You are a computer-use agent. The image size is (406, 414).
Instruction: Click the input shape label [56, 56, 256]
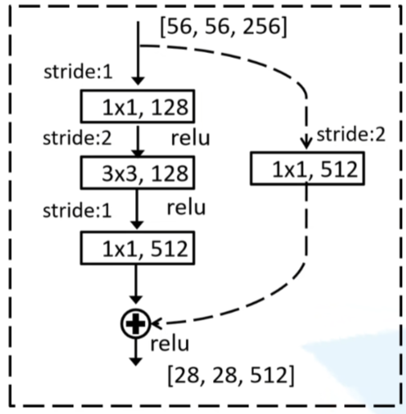(224, 27)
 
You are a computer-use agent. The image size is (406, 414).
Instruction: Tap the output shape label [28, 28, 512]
(231, 375)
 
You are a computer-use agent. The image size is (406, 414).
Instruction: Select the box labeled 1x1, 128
(137, 106)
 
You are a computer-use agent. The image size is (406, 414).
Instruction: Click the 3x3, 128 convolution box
(137, 173)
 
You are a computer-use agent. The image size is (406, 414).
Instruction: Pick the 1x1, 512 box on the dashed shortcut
(307, 168)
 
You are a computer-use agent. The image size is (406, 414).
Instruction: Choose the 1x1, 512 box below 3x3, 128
(137, 248)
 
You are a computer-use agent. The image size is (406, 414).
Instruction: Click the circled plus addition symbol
(136, 324)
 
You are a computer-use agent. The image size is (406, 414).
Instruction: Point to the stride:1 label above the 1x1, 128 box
(78, 72)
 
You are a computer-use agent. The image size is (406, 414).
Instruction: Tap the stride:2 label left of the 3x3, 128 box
(77, 138)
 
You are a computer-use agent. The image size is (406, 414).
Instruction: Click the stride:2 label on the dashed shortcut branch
(351, 134)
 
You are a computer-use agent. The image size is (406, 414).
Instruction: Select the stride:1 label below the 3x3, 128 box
(77, 211)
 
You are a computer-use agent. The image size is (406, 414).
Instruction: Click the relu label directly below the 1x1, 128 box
(191, 138)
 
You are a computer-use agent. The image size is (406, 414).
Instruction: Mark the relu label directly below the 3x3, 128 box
(187, 207)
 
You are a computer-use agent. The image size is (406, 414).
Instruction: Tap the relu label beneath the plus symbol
(170, 344)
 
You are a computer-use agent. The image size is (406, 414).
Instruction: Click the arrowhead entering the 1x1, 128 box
(138, 81)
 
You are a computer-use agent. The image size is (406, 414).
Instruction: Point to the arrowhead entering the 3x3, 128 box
(138, 154)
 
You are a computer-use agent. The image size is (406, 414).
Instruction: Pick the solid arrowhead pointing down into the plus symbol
(136, 300)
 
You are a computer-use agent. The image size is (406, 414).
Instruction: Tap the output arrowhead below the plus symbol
(136, 362)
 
